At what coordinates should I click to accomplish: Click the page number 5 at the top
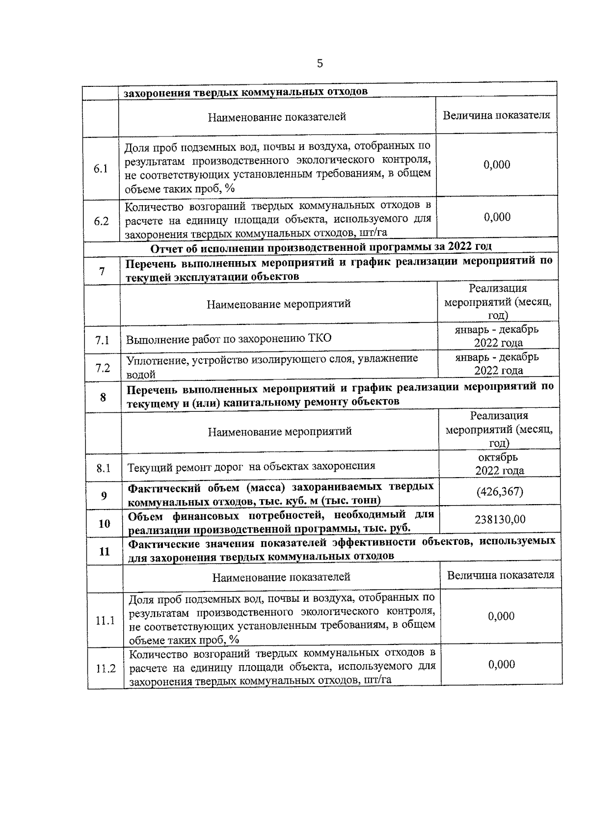tap(320, 63)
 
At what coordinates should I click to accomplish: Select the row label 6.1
tap(101, 169)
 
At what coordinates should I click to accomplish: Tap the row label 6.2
tap(101, 221)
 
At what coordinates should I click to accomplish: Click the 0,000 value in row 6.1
tap(497, 165)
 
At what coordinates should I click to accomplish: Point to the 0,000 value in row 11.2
tap(501, 664)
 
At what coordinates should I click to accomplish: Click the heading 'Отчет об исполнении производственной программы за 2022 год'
tap(321, 246)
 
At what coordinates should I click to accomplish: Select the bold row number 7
tap(102, 270)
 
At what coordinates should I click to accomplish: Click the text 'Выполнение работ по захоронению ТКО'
tap(229, 339)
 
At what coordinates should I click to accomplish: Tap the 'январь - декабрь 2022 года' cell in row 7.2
tap(498, 363)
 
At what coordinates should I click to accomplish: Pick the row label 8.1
tap(103, 468)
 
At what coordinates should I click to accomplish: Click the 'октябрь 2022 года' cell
tap(499, 464)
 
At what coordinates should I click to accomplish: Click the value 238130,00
tap(500, 519)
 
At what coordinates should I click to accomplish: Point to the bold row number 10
tap(104, 524)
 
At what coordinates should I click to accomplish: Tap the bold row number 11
tap(104, 551)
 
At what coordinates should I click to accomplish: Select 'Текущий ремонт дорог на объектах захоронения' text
tap(251, 466)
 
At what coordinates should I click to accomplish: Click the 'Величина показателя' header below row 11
tap(500, 575)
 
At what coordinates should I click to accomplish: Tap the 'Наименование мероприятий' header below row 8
tap(280, 431)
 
